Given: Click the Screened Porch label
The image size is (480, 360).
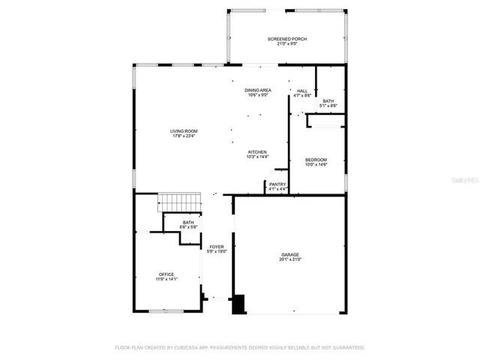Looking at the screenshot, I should pos(287,39).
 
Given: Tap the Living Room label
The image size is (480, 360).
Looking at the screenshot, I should pos(183,131).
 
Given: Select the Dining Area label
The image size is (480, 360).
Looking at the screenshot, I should pos(258,90).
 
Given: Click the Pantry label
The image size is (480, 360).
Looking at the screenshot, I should pos(277,184).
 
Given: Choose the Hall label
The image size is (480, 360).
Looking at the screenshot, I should pos(302,91).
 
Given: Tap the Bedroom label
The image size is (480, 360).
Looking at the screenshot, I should pos(316,160).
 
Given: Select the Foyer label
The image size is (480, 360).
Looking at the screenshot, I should pos(217,247).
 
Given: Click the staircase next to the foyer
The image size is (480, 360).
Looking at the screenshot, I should pos(179,202).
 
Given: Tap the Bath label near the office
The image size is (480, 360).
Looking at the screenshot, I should pos(188,223).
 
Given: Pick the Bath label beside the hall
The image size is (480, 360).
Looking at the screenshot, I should pos(328,101).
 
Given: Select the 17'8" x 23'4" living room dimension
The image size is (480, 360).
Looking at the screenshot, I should pos(183,136).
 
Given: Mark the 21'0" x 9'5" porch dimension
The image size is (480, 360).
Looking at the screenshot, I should pos(287,43).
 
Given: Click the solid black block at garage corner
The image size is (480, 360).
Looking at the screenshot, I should pos(239,304).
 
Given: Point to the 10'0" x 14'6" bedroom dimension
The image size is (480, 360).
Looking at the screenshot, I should pos(316,165).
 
